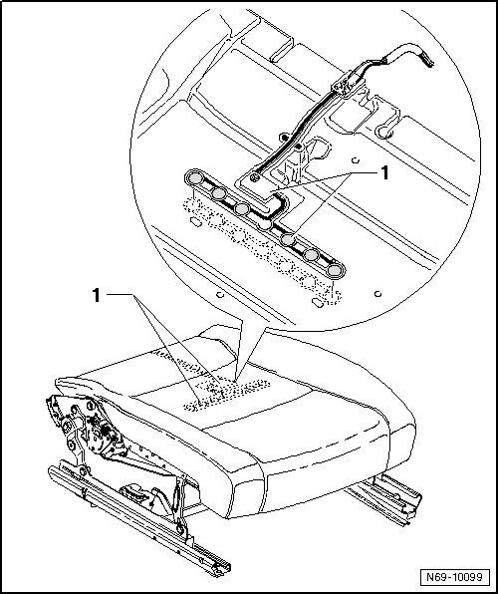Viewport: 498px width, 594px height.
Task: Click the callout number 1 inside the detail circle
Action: coord(384,173)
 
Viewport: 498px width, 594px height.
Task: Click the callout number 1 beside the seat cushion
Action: coord(97,295)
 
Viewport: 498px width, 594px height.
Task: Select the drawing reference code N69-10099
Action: coord(454,577)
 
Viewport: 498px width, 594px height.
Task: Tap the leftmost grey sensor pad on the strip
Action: coord(194,177)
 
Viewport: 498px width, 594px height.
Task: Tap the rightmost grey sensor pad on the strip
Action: coord(336,271)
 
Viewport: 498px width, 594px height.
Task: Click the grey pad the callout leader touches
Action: coord(288,239)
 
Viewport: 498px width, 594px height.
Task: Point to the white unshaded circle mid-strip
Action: coord(265,224)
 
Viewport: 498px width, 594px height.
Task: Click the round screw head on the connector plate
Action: coord(255,176)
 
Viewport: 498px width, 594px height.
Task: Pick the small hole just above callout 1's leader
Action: coord(356,160)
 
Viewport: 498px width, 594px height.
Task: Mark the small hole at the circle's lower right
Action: coord(377,294)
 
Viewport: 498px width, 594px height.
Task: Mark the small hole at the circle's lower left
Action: coord(221,294)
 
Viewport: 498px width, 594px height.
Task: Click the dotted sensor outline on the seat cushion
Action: coord(226,395)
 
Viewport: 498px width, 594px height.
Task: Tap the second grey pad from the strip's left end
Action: coord(218,193)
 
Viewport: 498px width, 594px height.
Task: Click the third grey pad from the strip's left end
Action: coord(242,208)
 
